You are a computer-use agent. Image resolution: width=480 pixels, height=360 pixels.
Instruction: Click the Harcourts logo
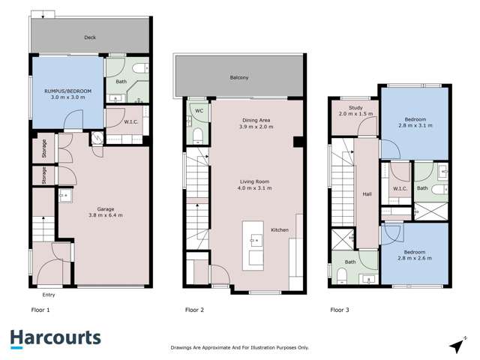55,338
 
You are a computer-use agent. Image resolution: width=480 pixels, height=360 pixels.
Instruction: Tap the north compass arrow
455,345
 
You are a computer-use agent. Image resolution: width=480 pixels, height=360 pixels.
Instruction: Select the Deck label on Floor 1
90,36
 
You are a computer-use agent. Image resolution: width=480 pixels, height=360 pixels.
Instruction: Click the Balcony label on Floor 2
239,76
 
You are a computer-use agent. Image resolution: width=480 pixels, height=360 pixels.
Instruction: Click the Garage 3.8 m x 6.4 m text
104,212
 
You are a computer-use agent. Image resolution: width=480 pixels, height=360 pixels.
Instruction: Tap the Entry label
49,295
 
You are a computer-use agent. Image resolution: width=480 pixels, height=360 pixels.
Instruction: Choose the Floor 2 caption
195,309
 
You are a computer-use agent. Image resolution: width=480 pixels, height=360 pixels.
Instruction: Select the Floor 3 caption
340,309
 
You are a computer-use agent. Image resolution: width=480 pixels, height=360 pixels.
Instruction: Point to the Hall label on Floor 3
367,194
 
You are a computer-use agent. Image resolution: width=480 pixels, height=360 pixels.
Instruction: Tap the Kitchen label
280,229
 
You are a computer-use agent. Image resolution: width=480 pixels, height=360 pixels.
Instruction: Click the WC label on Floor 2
199,111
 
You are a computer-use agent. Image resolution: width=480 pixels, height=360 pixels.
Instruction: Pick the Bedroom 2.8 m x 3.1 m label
416,124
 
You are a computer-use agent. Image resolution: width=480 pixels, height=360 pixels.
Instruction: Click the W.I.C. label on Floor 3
398,188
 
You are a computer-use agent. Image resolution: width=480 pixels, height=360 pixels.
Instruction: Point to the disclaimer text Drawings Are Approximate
240,347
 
